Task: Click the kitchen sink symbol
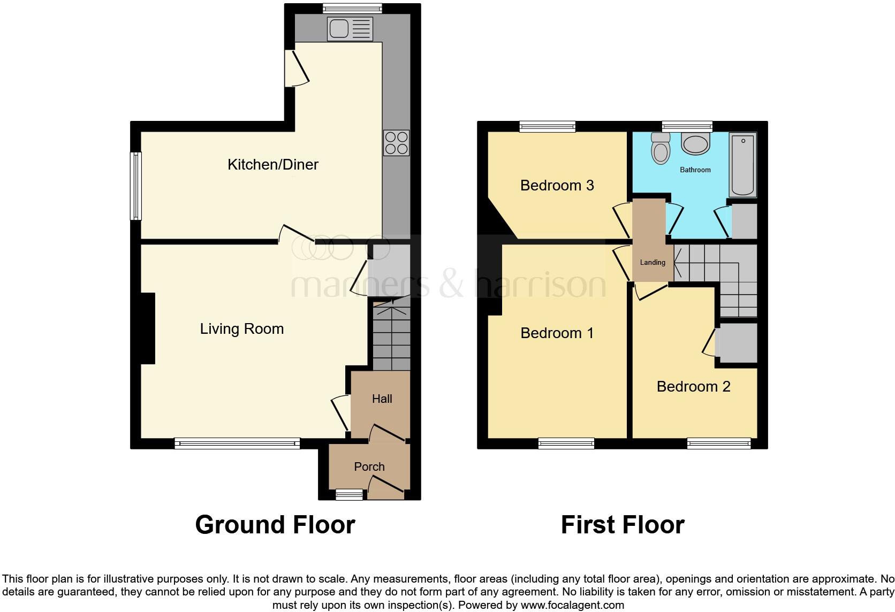coord(350,29)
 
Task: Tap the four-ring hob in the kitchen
coord(396,143)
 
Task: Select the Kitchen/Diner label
coord(273,164)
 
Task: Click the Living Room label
coord(242,328)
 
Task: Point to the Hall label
coord(382,399)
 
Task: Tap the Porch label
coord(369,466)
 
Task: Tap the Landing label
coord(653,262)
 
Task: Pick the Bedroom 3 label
coord(557,185)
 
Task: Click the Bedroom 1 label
coord(557,333)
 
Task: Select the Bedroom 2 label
coord(693,386)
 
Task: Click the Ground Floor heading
coord(275,525)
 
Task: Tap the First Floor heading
coord(623,525)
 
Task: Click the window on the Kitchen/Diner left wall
coord(136,186)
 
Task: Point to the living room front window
coord(237,443)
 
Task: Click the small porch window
coord(349,495)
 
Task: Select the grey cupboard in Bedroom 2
coord(738,343)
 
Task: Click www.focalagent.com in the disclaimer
coord(572,606)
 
